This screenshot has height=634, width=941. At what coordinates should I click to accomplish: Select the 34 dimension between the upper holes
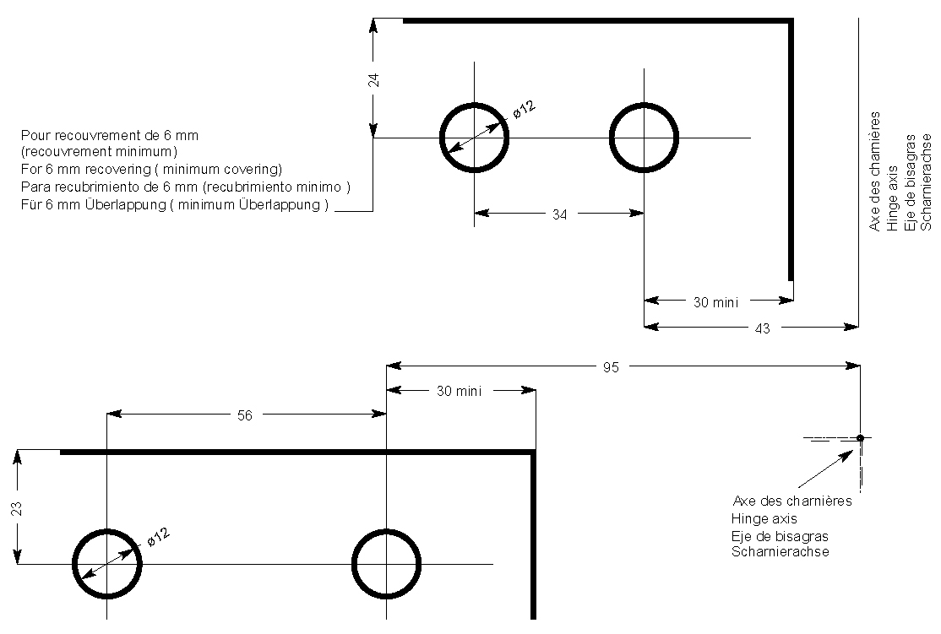point(559,214)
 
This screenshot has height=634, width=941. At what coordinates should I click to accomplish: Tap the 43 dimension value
point(762,329)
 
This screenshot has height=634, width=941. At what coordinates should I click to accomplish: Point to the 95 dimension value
point(611,367)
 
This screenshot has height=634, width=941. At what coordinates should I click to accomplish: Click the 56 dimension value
point(245,415)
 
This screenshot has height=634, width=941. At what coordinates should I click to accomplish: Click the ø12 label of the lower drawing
point(158,537)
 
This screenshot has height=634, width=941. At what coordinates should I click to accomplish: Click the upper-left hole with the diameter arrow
point(475,138)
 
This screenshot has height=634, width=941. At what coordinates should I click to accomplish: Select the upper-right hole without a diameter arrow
point(644,138)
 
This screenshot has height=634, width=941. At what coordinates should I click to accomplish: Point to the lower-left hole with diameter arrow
point(106,564)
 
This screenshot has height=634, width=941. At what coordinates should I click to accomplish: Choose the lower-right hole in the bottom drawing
point(386,564)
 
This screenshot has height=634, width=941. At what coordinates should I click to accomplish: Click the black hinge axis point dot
point(860,437)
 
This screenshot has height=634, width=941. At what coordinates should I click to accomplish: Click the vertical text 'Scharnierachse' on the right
point(926,181)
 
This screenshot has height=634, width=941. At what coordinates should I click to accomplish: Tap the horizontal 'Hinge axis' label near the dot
point(764,518)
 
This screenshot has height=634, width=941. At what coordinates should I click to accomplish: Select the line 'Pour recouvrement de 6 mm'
point(110,135)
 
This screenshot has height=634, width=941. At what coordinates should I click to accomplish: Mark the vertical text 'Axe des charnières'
point(875,171)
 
